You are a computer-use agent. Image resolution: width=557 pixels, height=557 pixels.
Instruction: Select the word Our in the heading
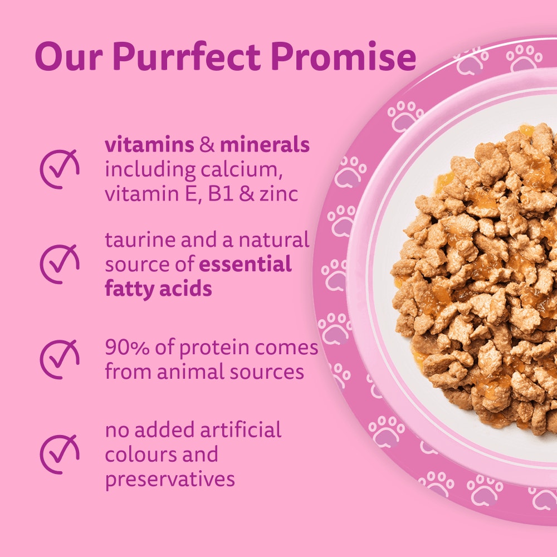coord(69,56)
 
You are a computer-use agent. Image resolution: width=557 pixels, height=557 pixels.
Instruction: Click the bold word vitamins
coord(149,145)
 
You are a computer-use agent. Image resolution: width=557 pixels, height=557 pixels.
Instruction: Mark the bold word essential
coord(246,265)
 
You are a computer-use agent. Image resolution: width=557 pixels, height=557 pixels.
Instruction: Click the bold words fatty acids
coord(158,289)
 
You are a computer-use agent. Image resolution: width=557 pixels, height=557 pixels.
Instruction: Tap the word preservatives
coord(169,478)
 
